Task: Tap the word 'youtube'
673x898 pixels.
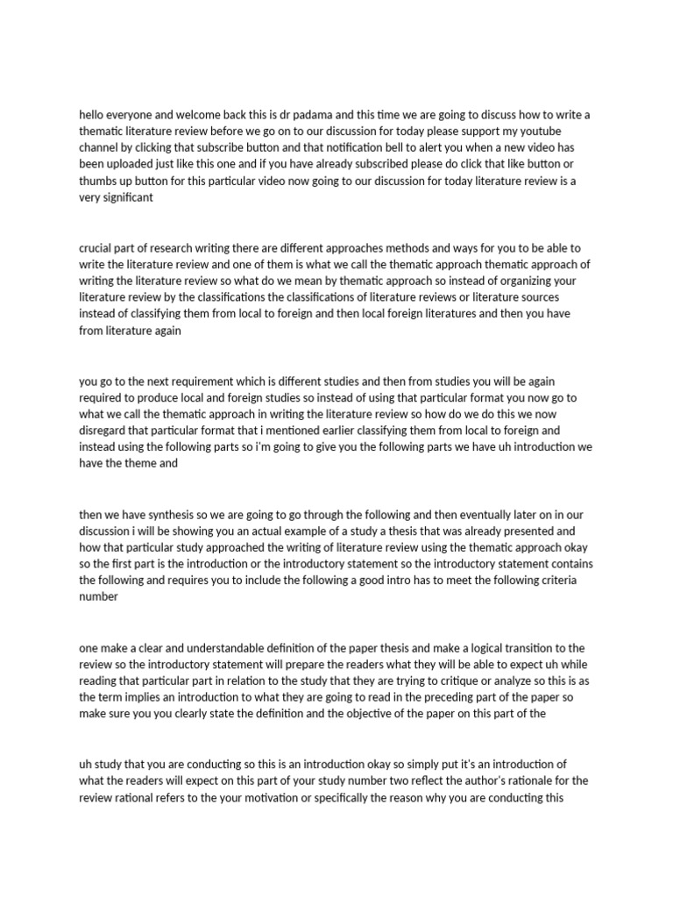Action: pyautogui.click(x=556, y=131)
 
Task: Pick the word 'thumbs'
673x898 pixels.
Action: pyautogui.click(x=99, y=181)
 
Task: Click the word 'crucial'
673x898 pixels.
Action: pyautogui.click(x=97, y=248)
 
